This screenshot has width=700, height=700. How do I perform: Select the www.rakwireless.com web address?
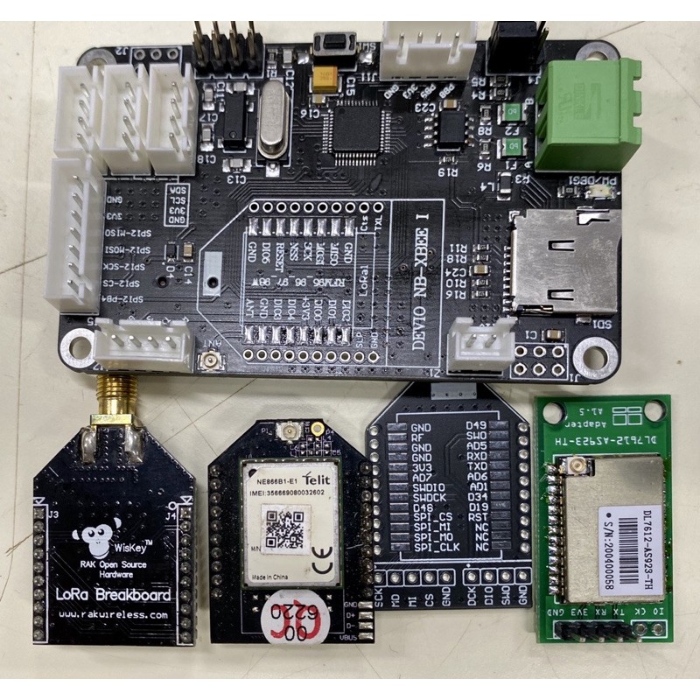tap(115, 616)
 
